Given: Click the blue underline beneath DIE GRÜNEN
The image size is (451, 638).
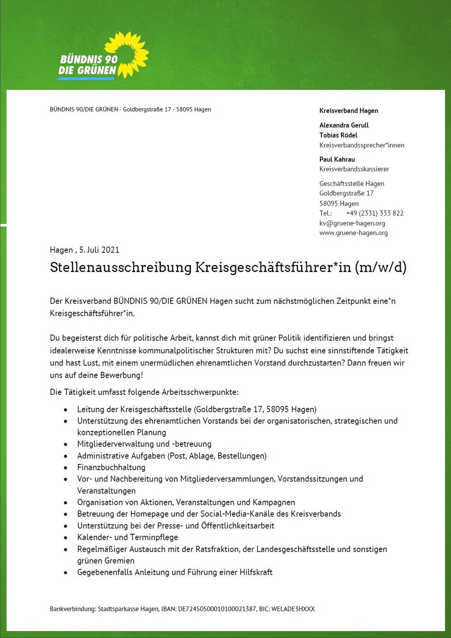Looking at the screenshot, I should pos(86,79).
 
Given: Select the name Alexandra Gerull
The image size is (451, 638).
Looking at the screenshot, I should pos(344,125).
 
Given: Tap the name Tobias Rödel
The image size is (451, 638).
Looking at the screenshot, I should pos(338,135).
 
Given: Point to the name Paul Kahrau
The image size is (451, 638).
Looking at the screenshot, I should pos(337,159).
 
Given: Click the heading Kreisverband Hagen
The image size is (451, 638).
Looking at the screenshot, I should pos(349,111).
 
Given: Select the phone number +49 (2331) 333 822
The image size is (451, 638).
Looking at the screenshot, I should pos(374,213).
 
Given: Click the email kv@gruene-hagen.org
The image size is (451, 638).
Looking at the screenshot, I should pos(352,223).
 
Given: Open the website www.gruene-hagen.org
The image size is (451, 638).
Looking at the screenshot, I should pos(353,233).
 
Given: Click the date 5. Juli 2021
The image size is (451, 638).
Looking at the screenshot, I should pos(99,250).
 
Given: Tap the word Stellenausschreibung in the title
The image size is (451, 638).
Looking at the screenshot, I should pos(120,267).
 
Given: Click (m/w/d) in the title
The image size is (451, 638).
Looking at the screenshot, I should pos(380,267).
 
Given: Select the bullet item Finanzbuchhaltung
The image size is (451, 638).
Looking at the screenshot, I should pos(111,467).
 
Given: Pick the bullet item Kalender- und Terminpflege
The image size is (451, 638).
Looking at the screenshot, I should pos(127,537).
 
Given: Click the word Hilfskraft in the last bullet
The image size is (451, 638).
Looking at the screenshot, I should pos(256,572).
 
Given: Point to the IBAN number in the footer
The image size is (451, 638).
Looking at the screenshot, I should pos(217,609).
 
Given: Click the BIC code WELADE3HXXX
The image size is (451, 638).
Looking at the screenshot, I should pos(293,609).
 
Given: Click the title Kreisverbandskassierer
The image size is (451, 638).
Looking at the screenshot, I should pos(354,169).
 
